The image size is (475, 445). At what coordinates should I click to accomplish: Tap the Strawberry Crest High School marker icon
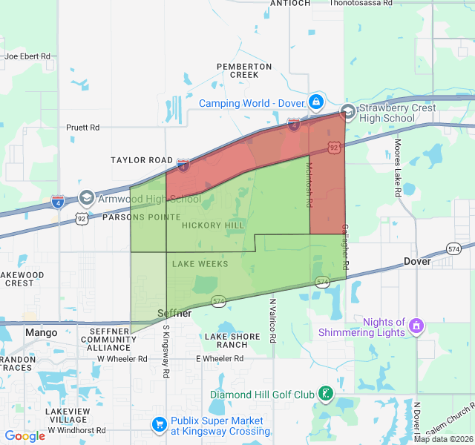point(347,112)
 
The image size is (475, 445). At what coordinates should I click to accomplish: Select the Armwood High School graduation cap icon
point(87,198)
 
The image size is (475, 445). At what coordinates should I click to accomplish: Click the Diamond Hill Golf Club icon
point(325,394)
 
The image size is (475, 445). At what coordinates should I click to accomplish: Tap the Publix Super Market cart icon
point(159,424)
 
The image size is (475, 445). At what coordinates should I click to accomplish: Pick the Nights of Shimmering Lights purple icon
point(417,326)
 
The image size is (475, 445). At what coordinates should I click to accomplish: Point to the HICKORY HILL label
point(212,225)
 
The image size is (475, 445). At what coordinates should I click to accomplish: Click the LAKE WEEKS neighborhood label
point(200,264)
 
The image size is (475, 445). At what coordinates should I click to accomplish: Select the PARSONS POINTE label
point(141,217)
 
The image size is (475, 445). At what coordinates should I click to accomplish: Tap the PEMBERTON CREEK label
point(244,70)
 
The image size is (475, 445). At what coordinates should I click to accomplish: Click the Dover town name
point(417,262)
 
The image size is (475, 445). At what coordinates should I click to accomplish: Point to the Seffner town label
point(176,314)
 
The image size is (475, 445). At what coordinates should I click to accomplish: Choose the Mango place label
point(41,332)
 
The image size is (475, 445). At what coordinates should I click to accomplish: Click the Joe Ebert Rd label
point(27,56)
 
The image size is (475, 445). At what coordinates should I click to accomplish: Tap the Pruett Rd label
point(82,128)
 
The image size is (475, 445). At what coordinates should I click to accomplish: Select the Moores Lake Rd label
point(399,168)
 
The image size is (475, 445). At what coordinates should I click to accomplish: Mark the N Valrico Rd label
point(272,320)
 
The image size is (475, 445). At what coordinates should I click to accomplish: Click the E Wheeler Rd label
point(220,359)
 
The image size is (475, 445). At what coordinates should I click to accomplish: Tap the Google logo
point(25,436)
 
